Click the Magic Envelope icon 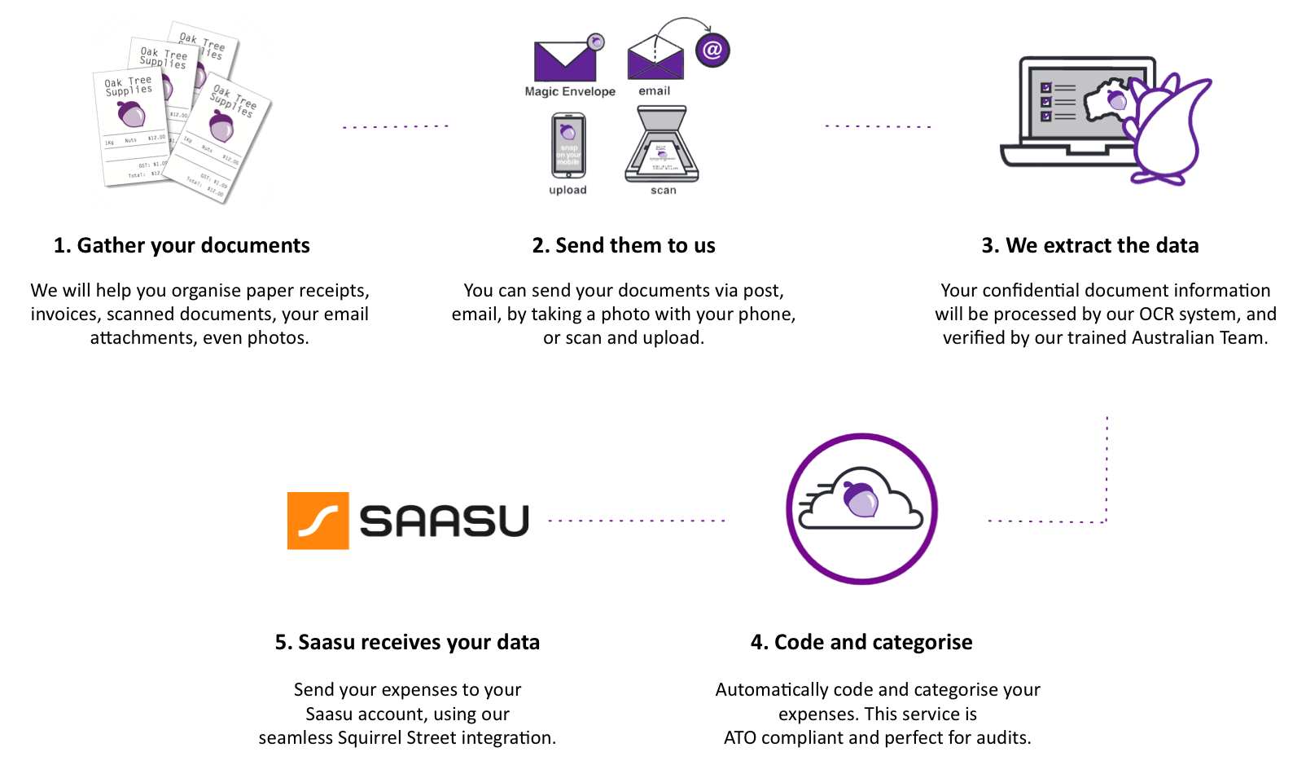pyautogui.click(x=565, y=60)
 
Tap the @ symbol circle pyautogui.click(x=712, y=51)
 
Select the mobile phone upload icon pyautogui.click(x=568, y=146)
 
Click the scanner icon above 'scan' pyautogui.click(x=662, y=146)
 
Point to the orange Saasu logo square pyautogui.click(x=318, y=521)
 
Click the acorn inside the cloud pyautogui.click(x=861, y=499)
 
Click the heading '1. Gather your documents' pyautogui.click(x=182, y=245)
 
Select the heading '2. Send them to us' pyautogui.click(x=624, y=245)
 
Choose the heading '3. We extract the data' pyautogui.click(x=1089, y=245)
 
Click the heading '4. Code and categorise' pyautogui.click(x=861, y=642)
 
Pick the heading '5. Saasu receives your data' pyautogui.click(x=407, y=642)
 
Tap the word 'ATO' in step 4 pyautogui.click(x=740, y=738)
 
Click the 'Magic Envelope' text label pyautogui.click(x=570, y=91)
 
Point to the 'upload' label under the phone pyautogui.click(x=568, y=190)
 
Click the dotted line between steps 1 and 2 pyautogui.click(x=396, y=126)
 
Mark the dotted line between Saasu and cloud pyautogui.click(x=636, y=521)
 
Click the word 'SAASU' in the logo pyautogui.click(x=445, y=521)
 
